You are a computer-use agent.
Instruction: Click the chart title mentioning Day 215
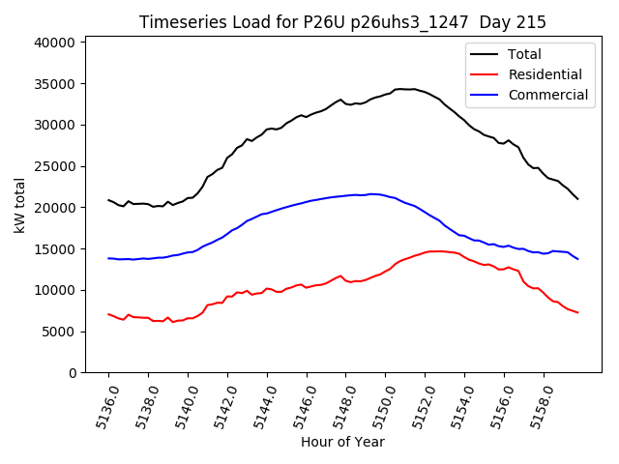(x=342, y=22)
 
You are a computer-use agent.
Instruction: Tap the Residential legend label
(x=545, y=74)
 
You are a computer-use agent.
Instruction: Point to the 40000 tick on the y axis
(x=55, y=43)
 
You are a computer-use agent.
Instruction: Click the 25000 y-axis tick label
(x=55, y=166)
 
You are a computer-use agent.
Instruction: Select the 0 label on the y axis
(x=73, y=373)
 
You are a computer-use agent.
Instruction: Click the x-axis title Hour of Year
(x=342, y=443)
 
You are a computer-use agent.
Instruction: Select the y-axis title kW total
(x=20, y=205)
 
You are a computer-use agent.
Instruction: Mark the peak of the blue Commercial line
(x=372, y=194)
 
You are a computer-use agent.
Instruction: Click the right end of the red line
(x=577, y=312)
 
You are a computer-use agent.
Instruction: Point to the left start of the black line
(x=108, y=200)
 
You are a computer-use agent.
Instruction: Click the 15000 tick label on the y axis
(x=55, y=249)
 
